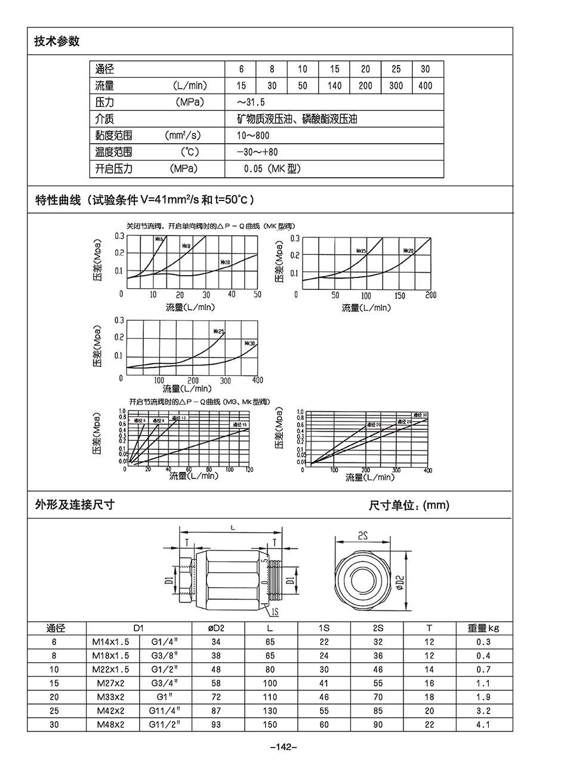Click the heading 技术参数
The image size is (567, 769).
pos(57,41)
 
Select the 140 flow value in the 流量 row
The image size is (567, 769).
pos(335,86)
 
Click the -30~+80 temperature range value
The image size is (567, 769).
pos(257,153)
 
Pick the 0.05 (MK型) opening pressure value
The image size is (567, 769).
pos(272,169)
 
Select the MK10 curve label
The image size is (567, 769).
pos(225,262)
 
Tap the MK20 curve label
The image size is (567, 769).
pos(408,250)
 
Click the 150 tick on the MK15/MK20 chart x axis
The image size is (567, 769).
pos(400,295)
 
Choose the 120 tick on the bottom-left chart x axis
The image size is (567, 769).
pos(249,470)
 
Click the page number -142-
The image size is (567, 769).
pos(284,747)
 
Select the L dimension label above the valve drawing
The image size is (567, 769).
pos(232,527)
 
